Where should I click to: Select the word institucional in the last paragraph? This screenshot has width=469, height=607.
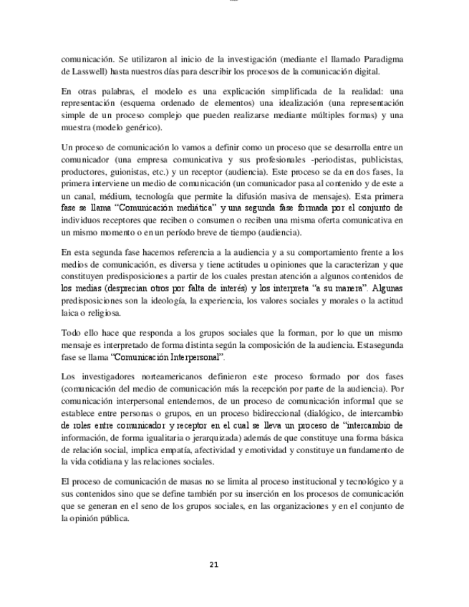tap(276, 482)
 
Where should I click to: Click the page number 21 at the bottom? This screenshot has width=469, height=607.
tap(213, 564)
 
